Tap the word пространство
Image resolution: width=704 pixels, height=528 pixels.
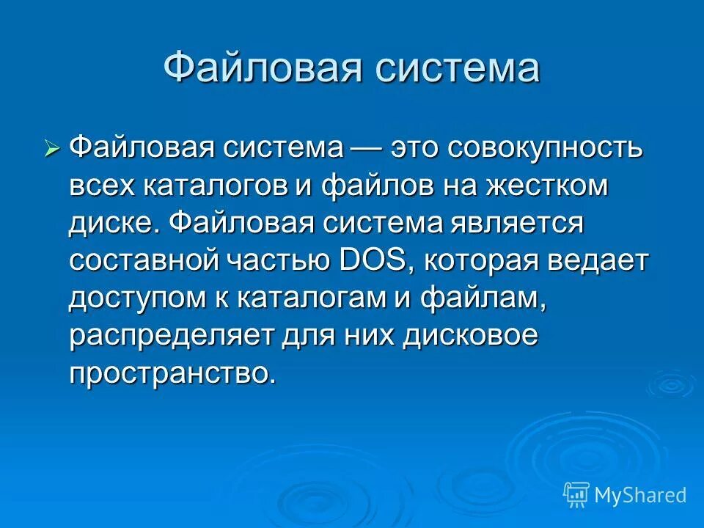(x=173, y=373)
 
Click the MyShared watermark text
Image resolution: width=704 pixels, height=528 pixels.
(x=640, y=495)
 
